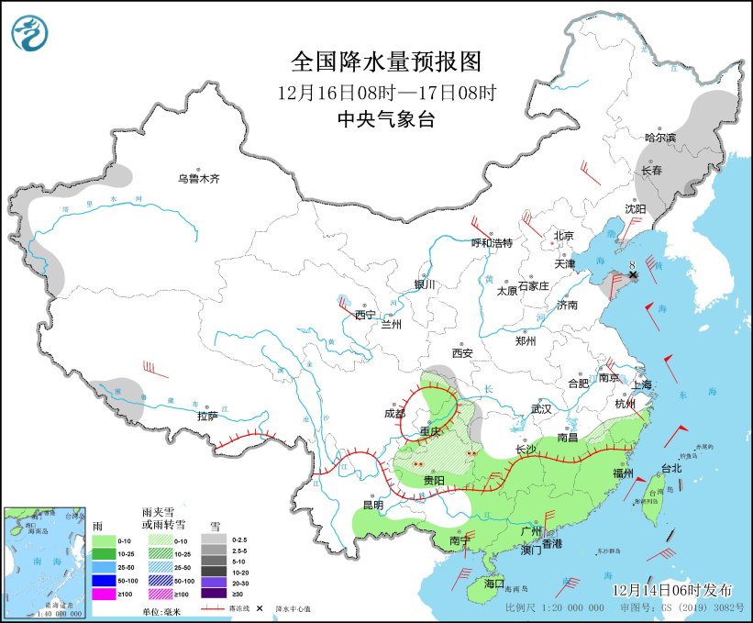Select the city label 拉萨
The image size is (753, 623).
point(207,416)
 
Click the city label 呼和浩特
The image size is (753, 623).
point(492,242)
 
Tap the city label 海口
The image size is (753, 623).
point(494,583)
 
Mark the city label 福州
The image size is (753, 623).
point(624,473)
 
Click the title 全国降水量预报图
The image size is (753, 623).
point(385,61)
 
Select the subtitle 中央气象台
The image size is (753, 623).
point(385,118)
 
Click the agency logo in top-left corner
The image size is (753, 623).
point(30,33)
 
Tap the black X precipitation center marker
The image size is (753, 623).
point(633,274)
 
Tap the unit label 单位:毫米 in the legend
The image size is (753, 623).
point(161,611)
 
